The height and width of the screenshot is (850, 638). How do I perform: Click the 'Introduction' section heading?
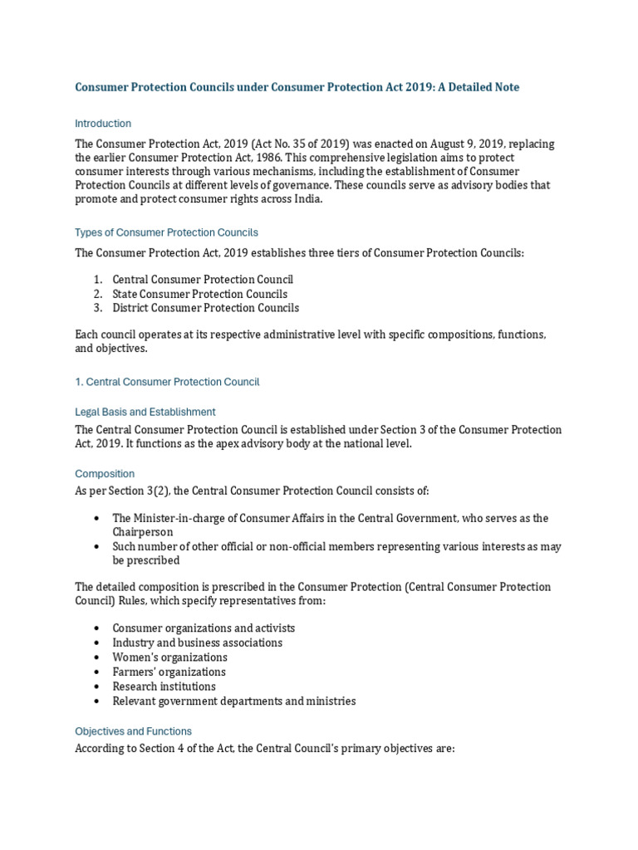tap(103, 124)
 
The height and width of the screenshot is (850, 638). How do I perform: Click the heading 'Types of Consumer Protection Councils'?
tap(166, 232)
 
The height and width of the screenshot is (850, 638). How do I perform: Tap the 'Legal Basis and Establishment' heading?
tap(145, 412)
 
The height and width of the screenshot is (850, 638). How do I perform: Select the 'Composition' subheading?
tap(105, 474)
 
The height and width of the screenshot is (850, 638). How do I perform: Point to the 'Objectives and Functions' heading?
tap(133, 731)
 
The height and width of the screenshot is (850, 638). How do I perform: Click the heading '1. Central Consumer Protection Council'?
tap(167, 382)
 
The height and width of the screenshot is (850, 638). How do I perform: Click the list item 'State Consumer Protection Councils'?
tap(199, 294)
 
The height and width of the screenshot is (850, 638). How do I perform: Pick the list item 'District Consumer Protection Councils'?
tap(205, 308)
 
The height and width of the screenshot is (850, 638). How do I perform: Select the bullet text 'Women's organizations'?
tap(169, 657)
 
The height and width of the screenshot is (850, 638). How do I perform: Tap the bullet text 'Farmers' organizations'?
tap(169, 672)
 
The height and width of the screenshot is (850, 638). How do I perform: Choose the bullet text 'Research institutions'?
tap(164, 686)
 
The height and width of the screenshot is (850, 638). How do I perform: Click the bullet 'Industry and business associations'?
tap(197, 642)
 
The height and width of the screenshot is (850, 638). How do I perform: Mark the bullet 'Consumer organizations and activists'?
tap(204, 628)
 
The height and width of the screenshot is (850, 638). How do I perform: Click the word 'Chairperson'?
tap(143, 531)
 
